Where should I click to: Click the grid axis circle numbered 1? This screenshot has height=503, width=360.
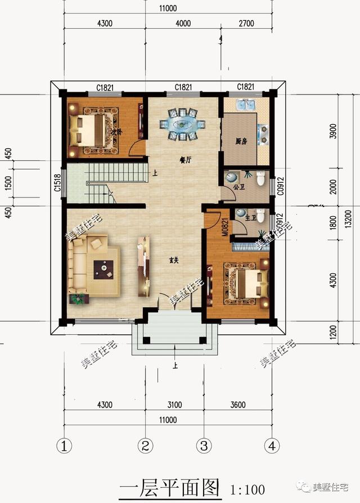[65, 446]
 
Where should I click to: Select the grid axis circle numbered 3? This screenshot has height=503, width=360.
[204, 446]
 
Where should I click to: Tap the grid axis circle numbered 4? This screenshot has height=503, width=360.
[272, 446]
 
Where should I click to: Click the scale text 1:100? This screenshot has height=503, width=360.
[248, 488]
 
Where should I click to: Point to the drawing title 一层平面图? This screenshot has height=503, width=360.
[169, 487]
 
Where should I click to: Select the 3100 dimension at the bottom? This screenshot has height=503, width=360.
[174, 405]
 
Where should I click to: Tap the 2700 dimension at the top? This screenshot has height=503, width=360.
[246, 24]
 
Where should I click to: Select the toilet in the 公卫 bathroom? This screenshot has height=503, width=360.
[260, 179]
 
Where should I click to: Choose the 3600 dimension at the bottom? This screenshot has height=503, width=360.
[238, 405]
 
